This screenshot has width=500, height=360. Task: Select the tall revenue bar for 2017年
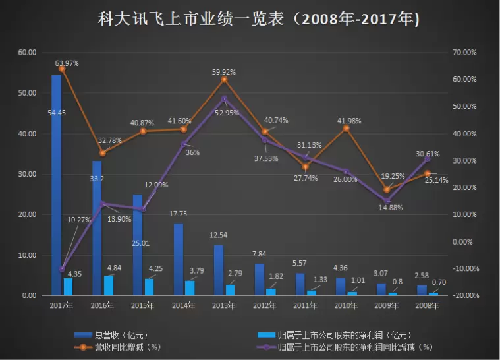(x=56, y=185)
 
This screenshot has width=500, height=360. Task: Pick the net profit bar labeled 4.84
(x=109, y=285)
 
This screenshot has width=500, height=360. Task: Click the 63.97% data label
(x=66, y=63)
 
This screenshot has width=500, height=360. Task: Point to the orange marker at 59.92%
(x=224, y=80)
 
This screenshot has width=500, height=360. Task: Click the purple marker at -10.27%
(x=62, y=269)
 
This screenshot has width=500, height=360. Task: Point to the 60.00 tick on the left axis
(x=27, y=53)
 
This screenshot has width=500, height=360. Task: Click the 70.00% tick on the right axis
(x=465, y=53)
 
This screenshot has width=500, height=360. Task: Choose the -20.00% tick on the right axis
(x=465, y=295)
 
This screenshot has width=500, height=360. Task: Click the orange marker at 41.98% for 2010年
(x=346, y=128)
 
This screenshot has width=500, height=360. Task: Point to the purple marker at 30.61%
(x=427, y=159)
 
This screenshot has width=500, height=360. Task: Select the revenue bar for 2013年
(x=219, y=270)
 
